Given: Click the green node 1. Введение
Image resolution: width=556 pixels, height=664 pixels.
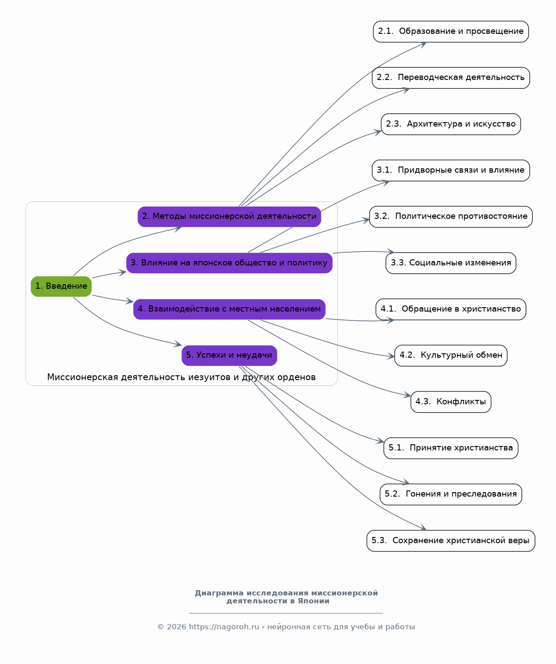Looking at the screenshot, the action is [61, 286].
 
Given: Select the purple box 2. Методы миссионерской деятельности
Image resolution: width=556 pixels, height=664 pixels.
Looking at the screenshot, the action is [229, 217].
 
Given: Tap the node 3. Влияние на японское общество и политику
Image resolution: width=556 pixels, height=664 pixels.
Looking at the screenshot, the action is [229, 263].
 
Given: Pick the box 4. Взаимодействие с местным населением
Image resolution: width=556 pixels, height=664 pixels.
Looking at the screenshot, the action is [229, 309].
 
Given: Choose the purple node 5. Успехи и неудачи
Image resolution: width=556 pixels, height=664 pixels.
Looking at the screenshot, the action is [229, 356].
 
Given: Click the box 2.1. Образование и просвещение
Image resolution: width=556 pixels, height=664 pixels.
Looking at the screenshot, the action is [451, 32].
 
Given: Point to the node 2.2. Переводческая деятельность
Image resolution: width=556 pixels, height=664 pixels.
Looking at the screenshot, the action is [451, 78].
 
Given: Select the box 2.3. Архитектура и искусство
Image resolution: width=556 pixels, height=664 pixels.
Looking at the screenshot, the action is [451, 124].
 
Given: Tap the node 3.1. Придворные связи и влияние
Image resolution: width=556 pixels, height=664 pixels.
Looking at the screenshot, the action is [451, 171].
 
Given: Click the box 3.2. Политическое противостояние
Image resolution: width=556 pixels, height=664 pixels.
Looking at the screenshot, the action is [451, 217].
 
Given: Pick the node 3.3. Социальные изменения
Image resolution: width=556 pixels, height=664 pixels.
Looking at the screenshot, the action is [451, 263].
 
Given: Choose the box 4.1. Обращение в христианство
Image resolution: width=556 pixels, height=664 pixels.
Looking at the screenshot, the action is [451, 309].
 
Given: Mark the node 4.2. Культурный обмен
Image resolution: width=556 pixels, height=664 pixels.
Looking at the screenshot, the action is [451, 356].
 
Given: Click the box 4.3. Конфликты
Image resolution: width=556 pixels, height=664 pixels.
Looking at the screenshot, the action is [451, 402].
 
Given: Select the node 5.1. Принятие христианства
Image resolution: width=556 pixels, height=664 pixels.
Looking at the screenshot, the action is [451, 448].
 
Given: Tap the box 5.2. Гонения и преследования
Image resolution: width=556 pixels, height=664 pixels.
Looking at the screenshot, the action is [451, 494].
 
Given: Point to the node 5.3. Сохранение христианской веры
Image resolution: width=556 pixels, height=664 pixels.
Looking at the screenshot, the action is [451, 541].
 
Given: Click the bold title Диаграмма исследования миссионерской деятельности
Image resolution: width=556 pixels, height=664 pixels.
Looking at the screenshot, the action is [286, 597].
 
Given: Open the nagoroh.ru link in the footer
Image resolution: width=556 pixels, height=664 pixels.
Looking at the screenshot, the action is [224, 627].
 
